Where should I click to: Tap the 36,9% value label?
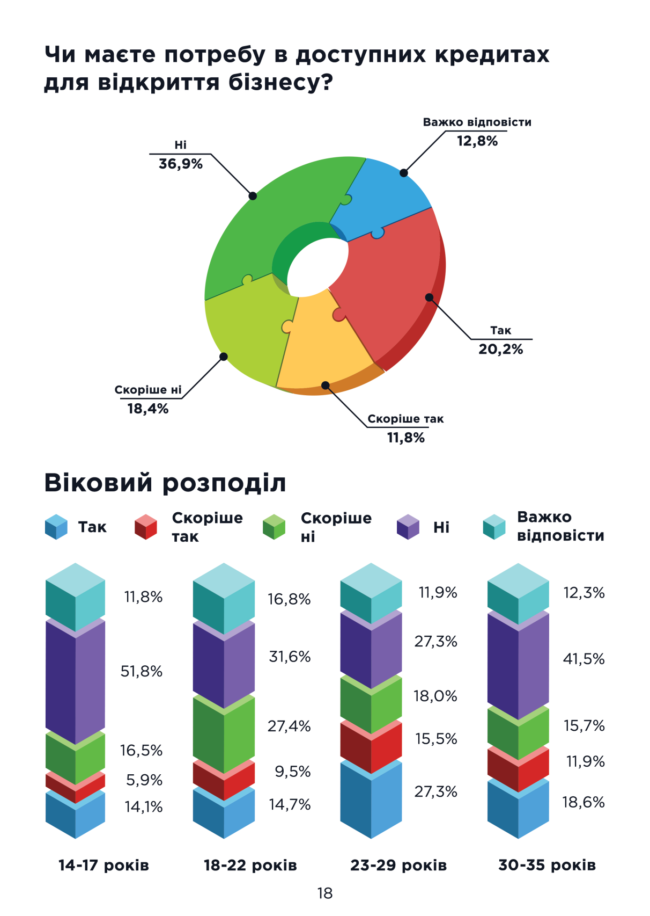tap(181, 164)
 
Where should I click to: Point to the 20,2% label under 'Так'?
tap(500, 350)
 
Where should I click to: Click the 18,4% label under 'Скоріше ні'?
tap(148, 409)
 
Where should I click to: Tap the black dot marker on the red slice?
tap(429, 297)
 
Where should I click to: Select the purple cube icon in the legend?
tap(408, 527)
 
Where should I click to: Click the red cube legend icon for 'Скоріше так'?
tap(145, 527)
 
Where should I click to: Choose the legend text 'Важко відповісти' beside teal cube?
tap(560, 527)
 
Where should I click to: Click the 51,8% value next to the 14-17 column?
tap(142, 671)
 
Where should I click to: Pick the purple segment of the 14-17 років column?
tap(75, 682)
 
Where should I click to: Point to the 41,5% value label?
tap(583, 659)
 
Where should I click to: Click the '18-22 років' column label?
tap(250, 866)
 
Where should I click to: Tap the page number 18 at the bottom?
tap(325, 893)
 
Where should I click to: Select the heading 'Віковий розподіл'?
tap(165, 483)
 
